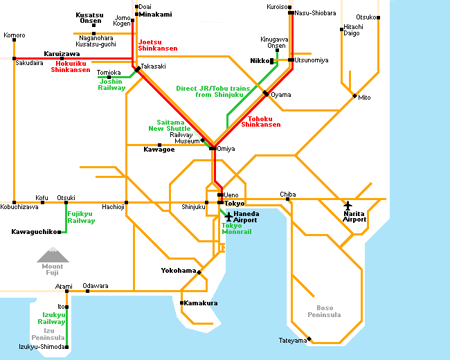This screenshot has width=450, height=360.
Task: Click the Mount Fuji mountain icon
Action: (x=53, y=255)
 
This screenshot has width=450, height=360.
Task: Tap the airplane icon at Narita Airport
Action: (x=348, y=206)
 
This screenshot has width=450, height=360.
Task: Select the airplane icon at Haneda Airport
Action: (x=228, y=217)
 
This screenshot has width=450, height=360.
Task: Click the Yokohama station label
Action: (x=179, y=271)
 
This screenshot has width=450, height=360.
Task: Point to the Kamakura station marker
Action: (x=181, y=303)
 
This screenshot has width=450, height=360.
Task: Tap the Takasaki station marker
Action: (x=138, y=69)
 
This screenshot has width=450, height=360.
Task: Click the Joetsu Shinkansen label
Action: (x=158, y=46)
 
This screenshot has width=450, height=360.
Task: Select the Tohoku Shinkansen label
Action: (x=260, y=122)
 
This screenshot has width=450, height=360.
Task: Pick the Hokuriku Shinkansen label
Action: (x=71, y=66)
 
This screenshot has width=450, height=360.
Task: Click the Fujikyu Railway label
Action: (x=81, y=217)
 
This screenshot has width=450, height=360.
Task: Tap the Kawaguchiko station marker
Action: (x=60, y=232)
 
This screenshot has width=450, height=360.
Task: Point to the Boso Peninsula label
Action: (x=324, y=312)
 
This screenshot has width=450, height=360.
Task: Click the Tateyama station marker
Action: (x=309, y=339)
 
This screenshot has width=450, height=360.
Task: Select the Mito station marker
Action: (x=354, y=96)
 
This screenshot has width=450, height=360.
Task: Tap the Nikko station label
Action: (x=260, y=60)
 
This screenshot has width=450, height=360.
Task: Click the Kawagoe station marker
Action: (x=159, y=145)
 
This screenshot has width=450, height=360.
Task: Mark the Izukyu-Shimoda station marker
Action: (x=67, y=347)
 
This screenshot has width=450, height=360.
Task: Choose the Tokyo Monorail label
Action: (x=237, y=228)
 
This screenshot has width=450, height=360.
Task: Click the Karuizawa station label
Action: (x=62, y=54)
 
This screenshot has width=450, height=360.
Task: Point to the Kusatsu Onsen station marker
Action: (x=94, y=25)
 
